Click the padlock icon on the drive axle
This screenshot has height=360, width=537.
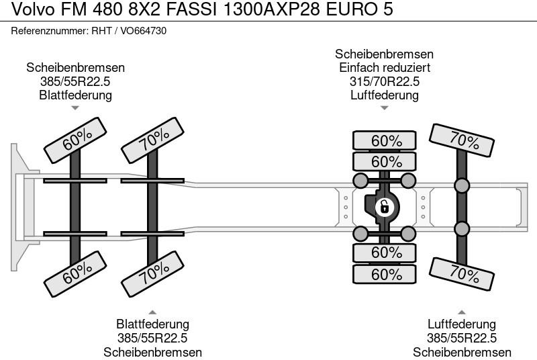point(384,208)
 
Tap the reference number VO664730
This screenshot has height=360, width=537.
point(143,31)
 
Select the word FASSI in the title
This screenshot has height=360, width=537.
point(191,9)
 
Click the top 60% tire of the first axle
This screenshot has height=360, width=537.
point(75,140)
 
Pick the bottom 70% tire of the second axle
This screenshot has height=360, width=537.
point(153,273)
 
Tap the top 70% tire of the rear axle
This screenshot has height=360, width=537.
point(461,140)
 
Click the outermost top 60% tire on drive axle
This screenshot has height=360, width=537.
point(384,140)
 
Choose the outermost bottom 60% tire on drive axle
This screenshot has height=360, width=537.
point(384,274)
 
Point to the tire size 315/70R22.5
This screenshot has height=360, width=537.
point(384,81)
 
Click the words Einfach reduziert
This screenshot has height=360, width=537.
point(384,67)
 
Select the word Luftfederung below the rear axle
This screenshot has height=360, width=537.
point(461,324)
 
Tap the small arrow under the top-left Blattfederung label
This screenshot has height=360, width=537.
point(75,108)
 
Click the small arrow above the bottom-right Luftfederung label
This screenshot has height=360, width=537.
point(461,312)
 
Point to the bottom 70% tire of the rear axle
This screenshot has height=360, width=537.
point(461,274)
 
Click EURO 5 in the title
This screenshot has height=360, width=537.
point(359,9)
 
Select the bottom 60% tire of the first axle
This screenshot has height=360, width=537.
point(75,273)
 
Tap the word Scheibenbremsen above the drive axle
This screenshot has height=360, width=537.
point(384,54)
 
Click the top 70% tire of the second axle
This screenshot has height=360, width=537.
point(153,140)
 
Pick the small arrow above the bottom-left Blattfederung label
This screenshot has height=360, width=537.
point(152,312)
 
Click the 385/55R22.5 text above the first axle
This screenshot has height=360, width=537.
point(75,81)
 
